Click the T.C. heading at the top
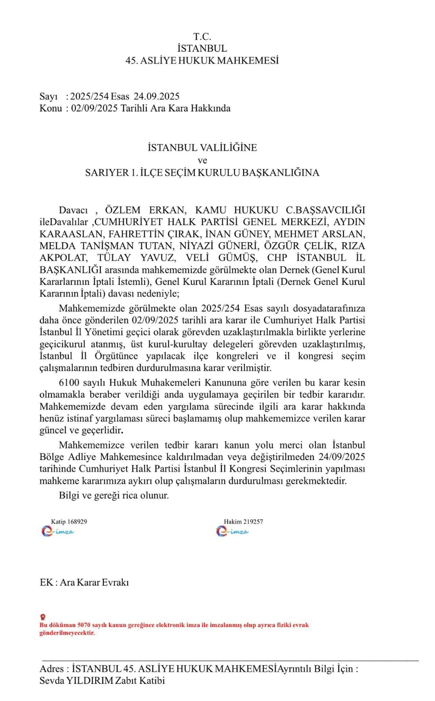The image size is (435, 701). click(202, 36)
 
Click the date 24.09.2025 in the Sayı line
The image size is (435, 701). click(156, 96)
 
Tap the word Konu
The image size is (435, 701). click(50, 108)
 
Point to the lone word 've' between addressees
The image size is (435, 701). click(202, 160)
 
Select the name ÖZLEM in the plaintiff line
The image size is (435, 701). click(123, 210)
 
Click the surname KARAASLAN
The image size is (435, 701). click(71, 234)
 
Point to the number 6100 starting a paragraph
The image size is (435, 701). click(69, 383)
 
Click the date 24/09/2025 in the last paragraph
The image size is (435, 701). click(342, 457)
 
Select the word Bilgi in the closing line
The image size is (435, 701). click(69, 496)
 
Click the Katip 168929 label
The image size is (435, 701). click(69, 521)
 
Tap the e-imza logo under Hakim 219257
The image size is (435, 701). click(232, 531)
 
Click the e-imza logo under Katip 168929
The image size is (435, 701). click(58, 531)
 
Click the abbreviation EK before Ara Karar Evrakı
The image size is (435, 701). click(46, 583)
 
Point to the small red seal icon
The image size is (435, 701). click(43, 617)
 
